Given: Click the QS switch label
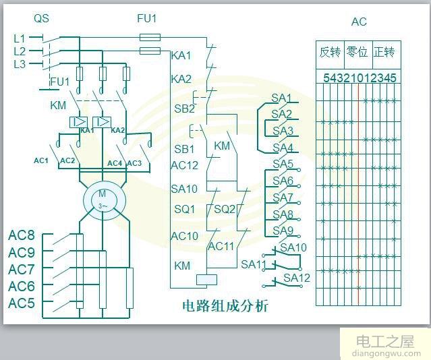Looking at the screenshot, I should [42, 19].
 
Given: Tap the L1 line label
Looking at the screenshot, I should [20, 38].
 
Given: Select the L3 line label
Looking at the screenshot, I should [20, 64].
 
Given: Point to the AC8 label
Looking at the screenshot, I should [22, 235].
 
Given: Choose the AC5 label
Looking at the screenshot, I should [22, 303].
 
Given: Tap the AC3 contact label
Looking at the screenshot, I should [134, 162].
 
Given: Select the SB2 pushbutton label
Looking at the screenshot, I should [185, 109].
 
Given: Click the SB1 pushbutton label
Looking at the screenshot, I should [185, 148].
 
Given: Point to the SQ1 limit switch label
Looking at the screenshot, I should [185, 209].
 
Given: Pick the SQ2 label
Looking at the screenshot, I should [225, 209].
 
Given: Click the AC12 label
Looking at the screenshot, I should [185, 164].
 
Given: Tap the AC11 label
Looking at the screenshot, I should [221, 246].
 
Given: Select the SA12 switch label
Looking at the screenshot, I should [297, 278].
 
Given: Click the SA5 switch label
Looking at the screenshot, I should [283, 164].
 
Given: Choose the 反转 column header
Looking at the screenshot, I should [331, 52].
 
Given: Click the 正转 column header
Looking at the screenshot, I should [384, 52].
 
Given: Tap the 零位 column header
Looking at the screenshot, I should [357, 52].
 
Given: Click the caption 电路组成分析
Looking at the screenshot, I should [225, 305].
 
